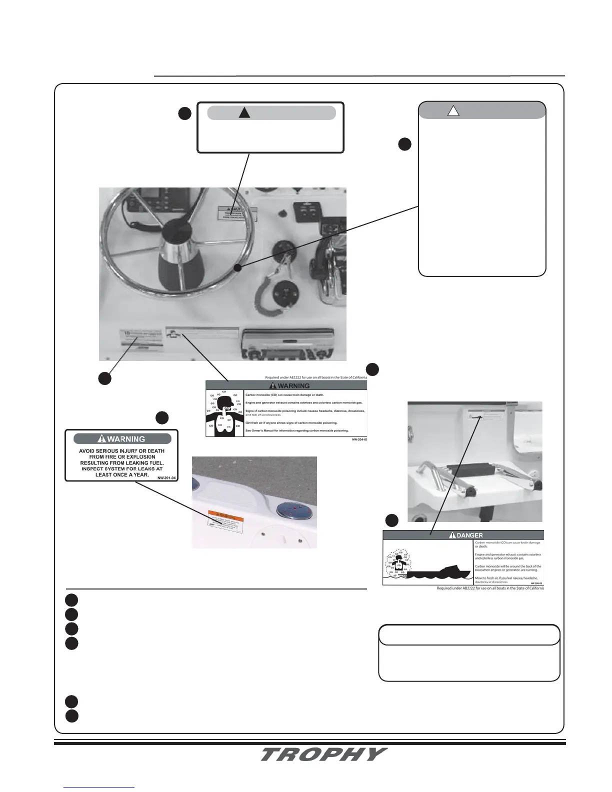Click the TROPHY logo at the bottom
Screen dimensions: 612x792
323,754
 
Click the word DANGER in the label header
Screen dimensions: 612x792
470,535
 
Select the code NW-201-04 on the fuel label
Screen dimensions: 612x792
166,478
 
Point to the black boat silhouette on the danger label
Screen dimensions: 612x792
440,572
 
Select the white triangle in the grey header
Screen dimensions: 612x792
453,111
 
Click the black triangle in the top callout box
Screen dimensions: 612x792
244,112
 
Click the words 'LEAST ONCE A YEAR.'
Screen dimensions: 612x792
122,474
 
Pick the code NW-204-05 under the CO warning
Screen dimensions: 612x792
359,439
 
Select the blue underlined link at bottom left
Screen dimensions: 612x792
99,787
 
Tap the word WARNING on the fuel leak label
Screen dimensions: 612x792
126,439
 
